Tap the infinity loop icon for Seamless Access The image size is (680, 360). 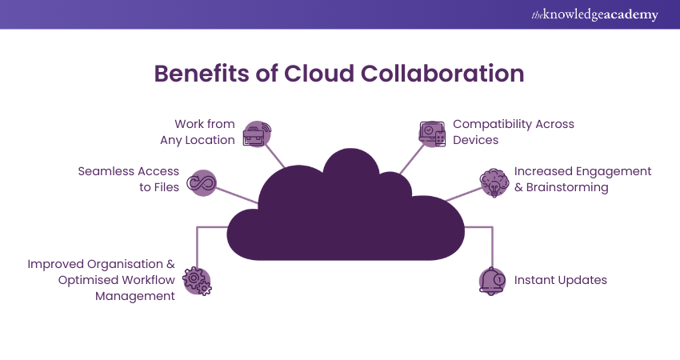(x=202, y=182)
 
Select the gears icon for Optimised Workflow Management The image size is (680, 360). (x=198, y=281)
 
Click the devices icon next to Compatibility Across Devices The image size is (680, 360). (x=432, y=134)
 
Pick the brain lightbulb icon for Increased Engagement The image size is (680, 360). (x=493, y=182)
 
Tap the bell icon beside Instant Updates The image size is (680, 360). (x=492, y=281)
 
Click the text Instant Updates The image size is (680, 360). (x=560, y=280)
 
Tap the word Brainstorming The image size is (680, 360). (x=567, y=187)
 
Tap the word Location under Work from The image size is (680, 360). (x=206, y=140)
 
